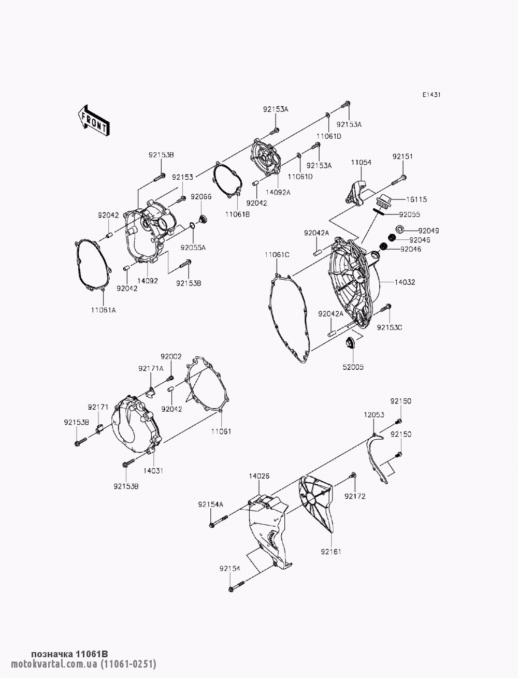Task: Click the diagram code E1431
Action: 431,95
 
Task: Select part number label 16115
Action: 416,199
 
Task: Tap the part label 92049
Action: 429,230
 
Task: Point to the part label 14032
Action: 405,282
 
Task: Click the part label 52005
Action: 353,367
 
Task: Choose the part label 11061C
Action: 277,255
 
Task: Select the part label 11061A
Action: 104,310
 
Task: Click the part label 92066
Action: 201,197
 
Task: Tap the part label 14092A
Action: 278,193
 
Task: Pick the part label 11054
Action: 361,163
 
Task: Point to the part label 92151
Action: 403,156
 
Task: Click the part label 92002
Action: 171,356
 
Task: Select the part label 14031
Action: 153,471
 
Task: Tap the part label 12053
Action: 374,415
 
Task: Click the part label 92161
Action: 331,552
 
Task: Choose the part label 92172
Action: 355,496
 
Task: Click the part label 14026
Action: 259,476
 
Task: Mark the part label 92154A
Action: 211,504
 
